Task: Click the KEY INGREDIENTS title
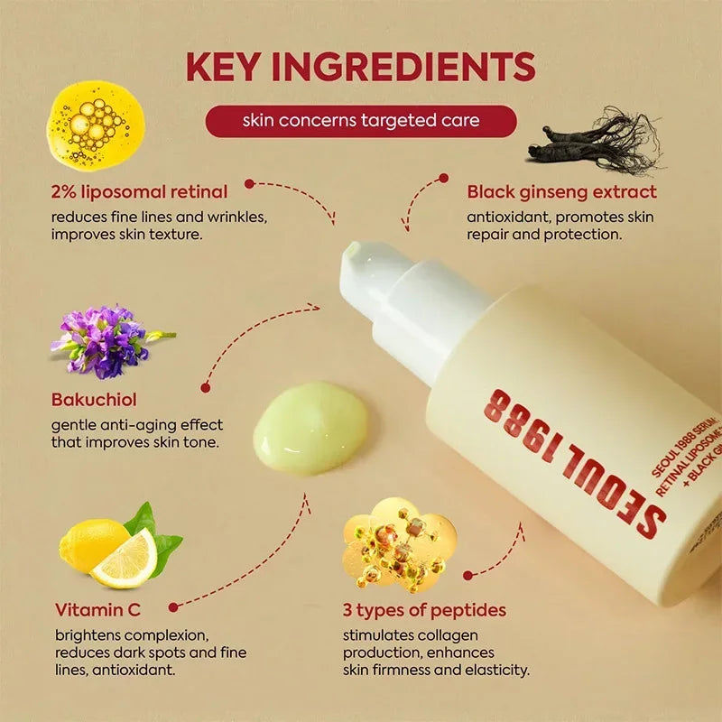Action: click(361, 69)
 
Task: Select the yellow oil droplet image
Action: click(95, 124)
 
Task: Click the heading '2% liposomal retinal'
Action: click(139, 191)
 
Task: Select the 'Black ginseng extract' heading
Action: click(561, 191)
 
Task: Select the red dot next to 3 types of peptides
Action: click(467, 575)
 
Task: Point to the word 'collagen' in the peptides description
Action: click(449, 634)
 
